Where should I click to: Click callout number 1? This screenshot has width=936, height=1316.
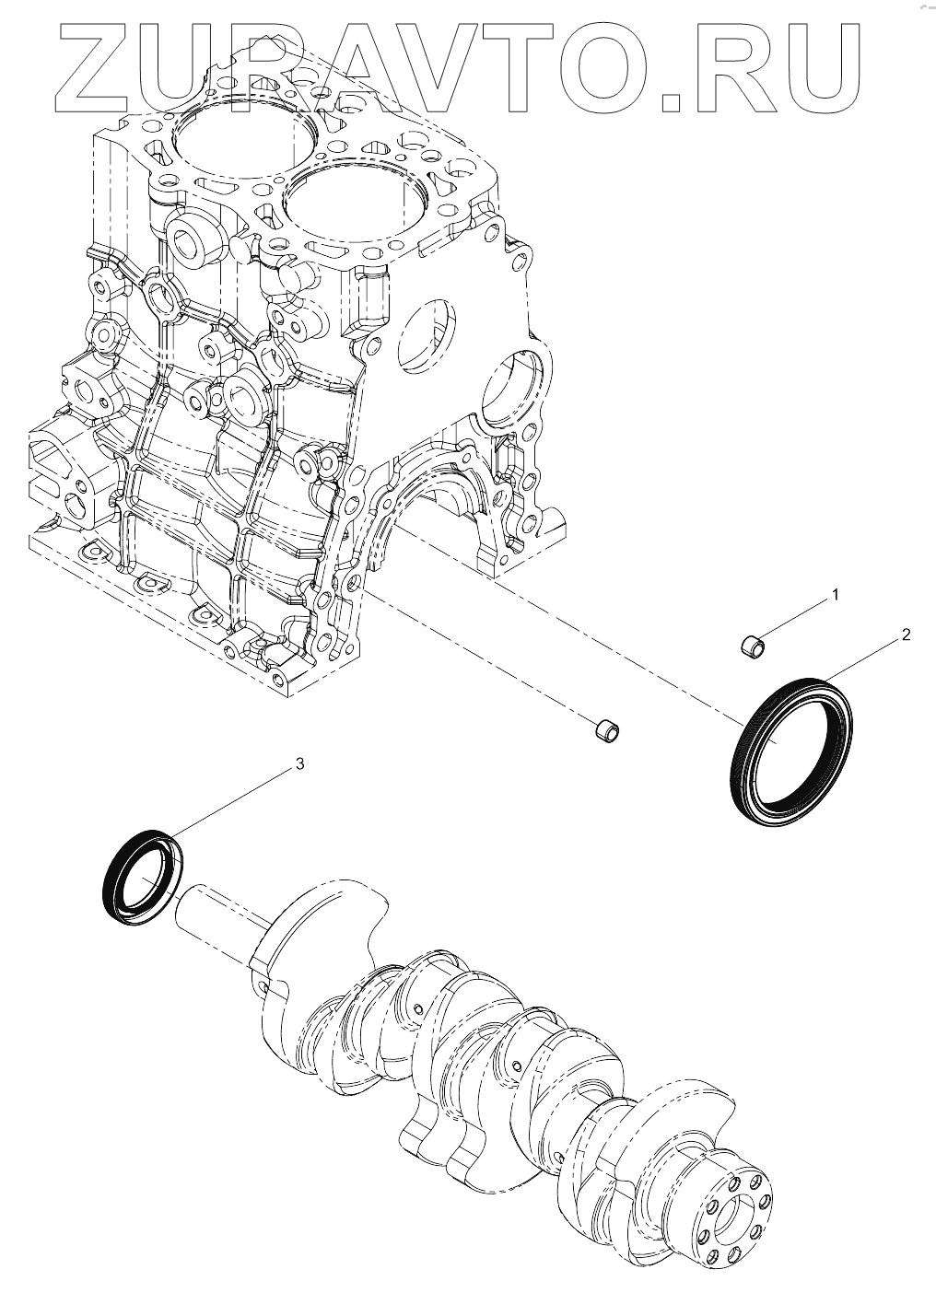coord(835,595)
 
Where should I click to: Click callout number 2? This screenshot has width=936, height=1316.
coord(906,635)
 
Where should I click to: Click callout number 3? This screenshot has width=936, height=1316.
coord(298,763)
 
